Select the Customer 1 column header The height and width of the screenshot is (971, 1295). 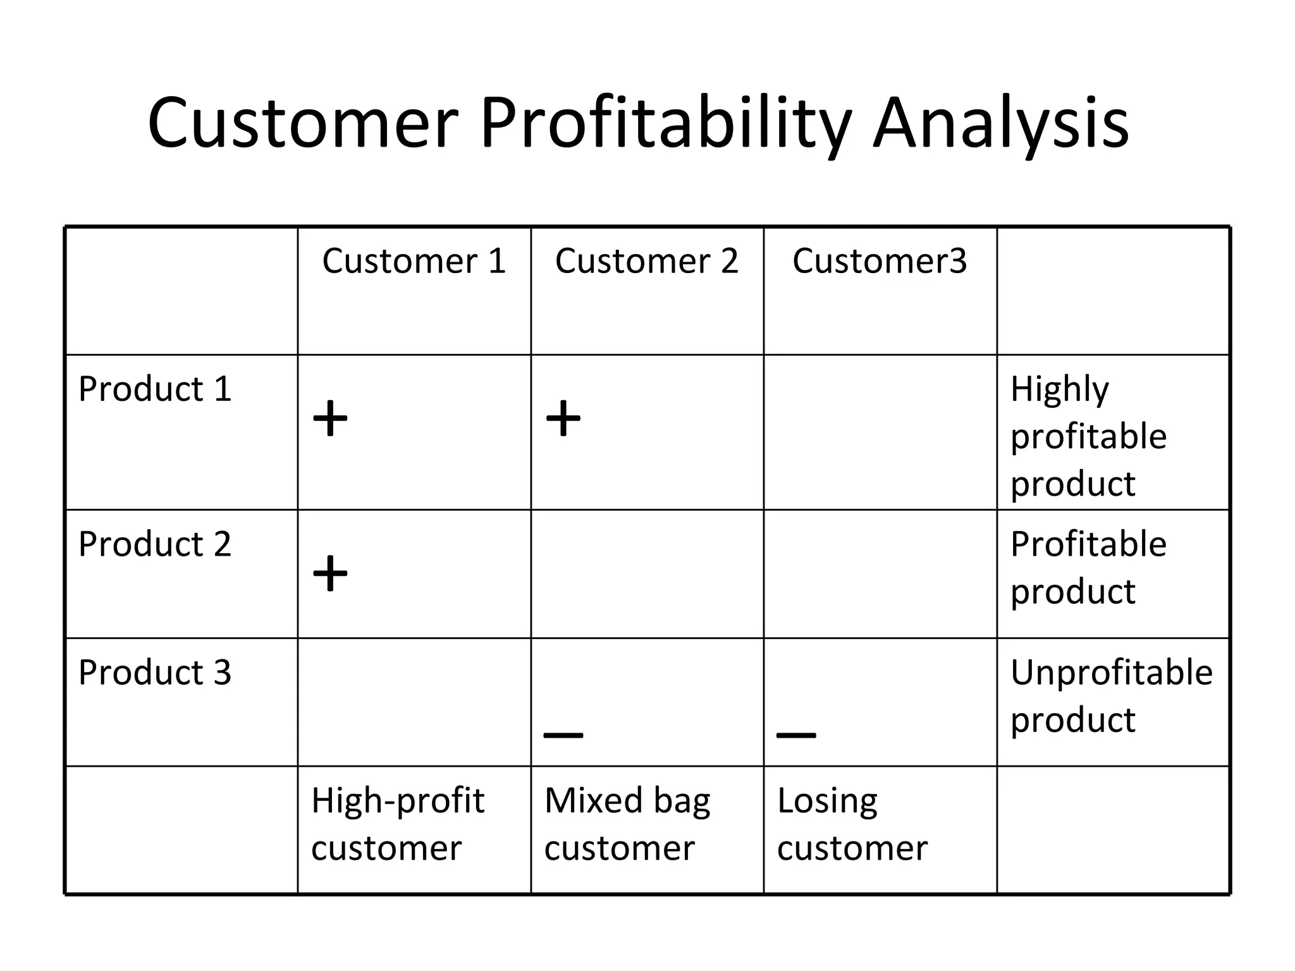click(414, 261)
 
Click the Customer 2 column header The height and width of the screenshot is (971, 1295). click(647, 261)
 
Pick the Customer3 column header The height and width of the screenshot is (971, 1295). click(880, 261)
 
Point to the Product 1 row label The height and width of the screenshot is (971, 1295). click(155, 389)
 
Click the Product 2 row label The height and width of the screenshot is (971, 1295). click(155, 544)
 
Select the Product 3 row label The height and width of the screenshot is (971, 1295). click(155, 673)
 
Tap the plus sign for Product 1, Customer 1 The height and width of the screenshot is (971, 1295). click(330, 418)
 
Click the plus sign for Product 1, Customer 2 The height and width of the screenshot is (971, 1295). click(563, 418)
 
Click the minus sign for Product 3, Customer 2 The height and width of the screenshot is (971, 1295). click(563, 735)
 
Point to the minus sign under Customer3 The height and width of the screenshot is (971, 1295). click(796, 735)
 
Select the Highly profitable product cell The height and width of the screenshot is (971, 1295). click(1088, 436)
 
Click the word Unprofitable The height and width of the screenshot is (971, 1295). click(1111, 673)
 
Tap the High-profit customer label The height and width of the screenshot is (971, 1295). click(397, 824)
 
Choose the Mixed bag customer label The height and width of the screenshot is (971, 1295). click(627, 824)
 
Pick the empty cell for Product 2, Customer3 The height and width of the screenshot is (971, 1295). click(880, 574)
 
